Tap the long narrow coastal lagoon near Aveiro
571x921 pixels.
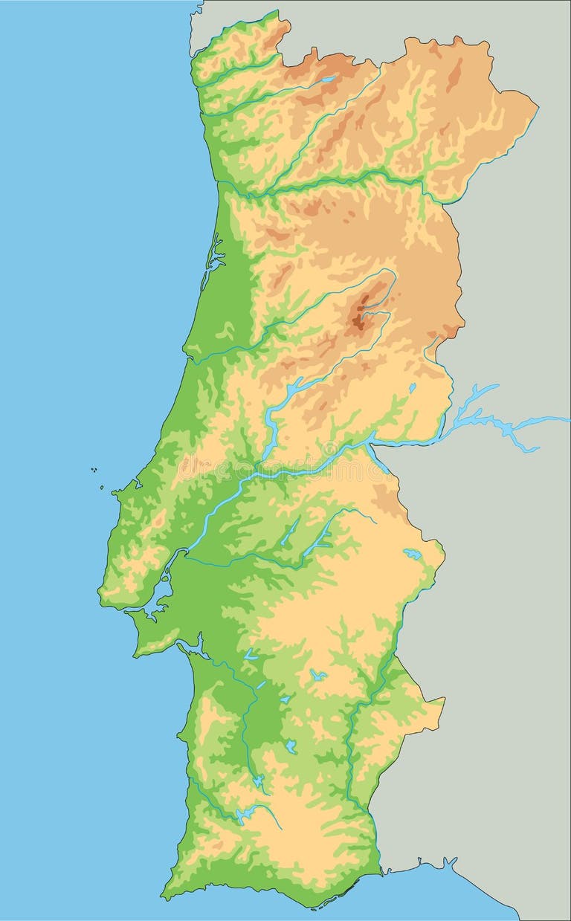click(214, 256)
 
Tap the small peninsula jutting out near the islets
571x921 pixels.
click(117, 491)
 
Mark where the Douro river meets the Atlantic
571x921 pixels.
click(219, 182)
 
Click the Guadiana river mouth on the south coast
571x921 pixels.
click(381, 870)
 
